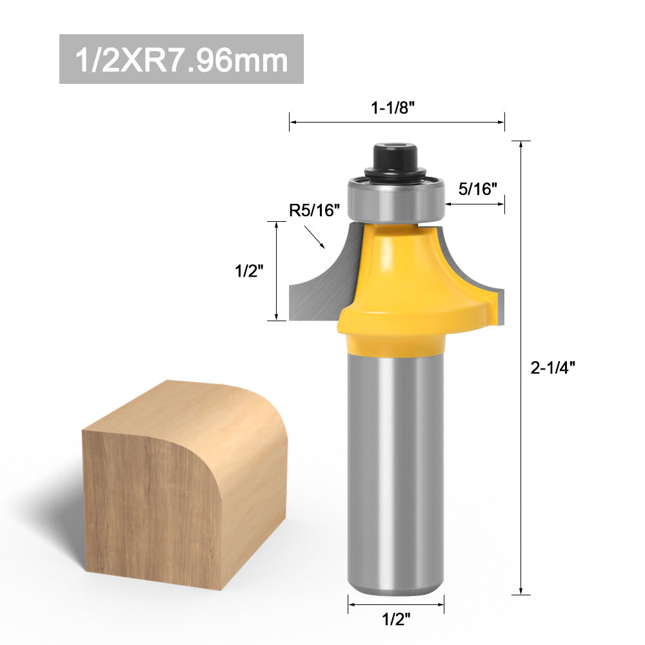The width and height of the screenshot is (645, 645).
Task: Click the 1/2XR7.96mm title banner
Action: [181, 59]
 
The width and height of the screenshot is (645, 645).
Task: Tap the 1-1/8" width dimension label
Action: [392, 108]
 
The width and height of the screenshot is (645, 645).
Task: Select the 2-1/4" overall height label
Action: [553, 368]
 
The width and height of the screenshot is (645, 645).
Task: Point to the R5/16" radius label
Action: [314, 210]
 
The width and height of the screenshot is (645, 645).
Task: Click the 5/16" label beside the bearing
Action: [477, 189]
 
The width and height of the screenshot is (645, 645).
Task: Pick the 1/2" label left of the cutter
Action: [249, 271]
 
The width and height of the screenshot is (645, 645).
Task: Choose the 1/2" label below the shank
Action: [396, 619]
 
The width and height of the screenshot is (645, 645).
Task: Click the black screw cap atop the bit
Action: [395, 161]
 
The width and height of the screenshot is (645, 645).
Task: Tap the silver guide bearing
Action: [396, 199]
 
